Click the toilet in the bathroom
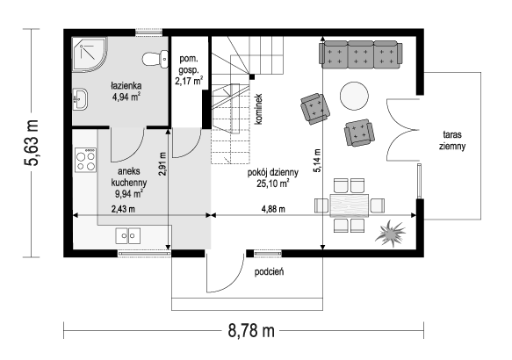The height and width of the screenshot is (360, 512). (155, 60)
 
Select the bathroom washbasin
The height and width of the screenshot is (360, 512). (80, 98)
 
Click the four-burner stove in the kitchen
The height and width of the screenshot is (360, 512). (85, 160)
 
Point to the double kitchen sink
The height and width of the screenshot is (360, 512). (127, 235)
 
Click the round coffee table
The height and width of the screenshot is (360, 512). (354, 97)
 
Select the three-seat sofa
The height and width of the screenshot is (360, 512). (361, 54)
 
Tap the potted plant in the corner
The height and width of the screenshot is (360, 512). (390, 233)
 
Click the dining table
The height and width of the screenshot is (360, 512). (350, 205)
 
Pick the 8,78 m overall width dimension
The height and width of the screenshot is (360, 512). (251, 331)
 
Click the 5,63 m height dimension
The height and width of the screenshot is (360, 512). (32, 143)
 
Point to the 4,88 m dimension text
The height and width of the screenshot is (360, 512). (273, 209)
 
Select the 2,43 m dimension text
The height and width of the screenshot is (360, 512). (123, 209)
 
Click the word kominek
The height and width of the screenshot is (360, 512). (259, 110)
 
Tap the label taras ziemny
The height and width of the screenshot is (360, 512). (452, 140)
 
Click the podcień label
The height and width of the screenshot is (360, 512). (270, 271)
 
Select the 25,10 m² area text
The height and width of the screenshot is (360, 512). (273, 184)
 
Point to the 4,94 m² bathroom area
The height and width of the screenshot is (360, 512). (126, 97)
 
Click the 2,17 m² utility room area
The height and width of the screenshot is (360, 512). (189, 81)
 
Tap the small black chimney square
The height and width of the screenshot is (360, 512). (252, 77)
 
